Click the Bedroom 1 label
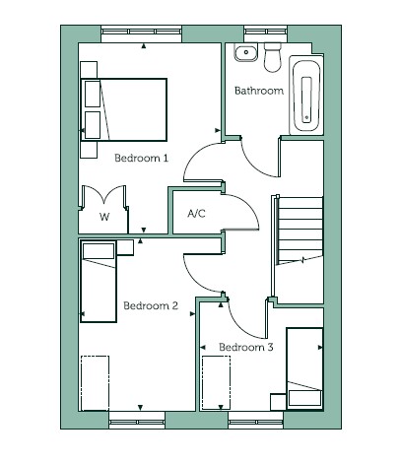[141, 158]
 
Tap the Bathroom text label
[259, 91]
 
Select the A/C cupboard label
[196, 214]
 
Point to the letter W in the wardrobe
[104, 217]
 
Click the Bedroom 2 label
[151, 305]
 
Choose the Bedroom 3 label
[246, 347]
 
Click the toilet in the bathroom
[273, 57]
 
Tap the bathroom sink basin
[246, 52]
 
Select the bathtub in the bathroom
[306, 96]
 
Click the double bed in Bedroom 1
[124, 109]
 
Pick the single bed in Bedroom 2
[99, 282]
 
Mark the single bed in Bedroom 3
[304, 368]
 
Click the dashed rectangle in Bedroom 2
[95, 383]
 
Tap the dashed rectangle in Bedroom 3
[216, 383]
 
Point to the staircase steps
[300, 230]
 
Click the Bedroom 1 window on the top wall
[141, 32]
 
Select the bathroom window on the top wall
[266, 32]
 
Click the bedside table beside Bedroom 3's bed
[278, 402]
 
